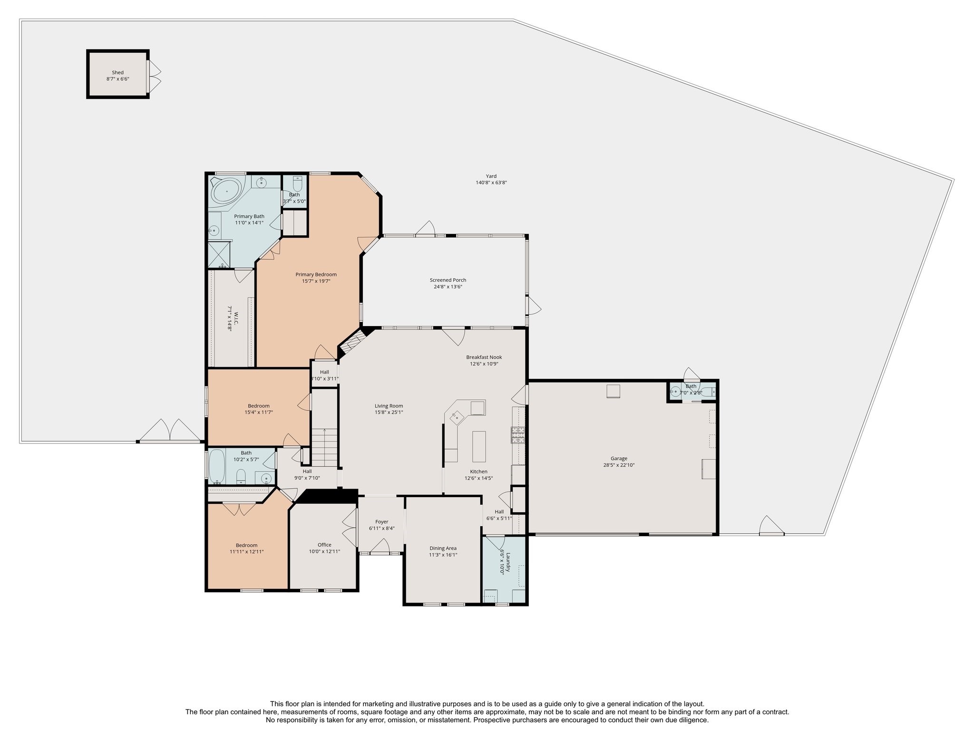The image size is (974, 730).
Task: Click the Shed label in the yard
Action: (117, 73)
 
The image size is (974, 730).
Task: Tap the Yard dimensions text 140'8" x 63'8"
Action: (491, 182)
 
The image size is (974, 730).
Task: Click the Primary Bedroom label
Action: (316, 274)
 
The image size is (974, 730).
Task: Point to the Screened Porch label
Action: (448, 280)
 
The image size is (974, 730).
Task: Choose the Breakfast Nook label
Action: (484, 357)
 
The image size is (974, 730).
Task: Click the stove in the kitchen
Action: (518, 435)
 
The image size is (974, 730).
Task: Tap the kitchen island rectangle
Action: (479, 446)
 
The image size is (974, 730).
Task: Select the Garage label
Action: (619, 459)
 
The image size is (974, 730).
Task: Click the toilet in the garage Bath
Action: (709, 392)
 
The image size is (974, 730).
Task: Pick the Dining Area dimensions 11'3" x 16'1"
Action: (443, 555)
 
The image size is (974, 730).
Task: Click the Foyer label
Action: (381, 522)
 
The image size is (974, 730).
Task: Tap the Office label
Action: (324, 545)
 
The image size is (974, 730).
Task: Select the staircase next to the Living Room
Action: (325, 447)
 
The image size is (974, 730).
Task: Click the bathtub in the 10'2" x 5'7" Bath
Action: (217, 467)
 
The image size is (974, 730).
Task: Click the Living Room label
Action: (389, 406)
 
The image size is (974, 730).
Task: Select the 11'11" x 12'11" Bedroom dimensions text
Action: (246, 552)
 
